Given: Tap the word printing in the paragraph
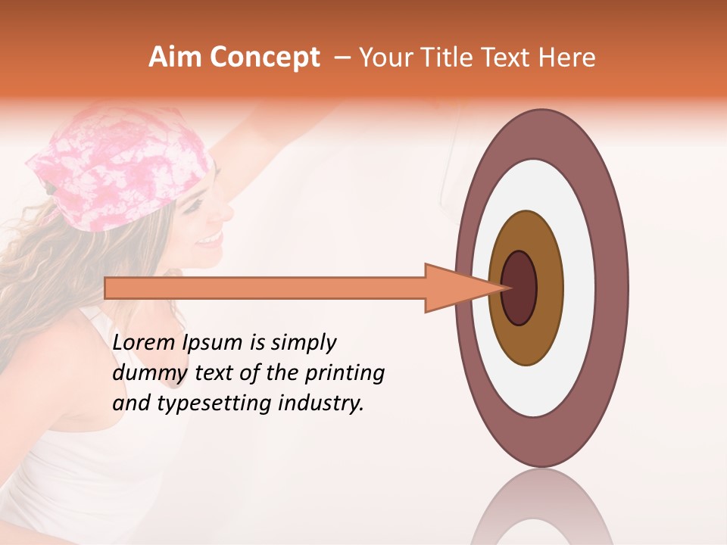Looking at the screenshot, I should click(345, 373).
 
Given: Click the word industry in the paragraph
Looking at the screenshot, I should click(321, 403).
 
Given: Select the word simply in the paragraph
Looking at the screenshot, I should click(303, 343).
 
